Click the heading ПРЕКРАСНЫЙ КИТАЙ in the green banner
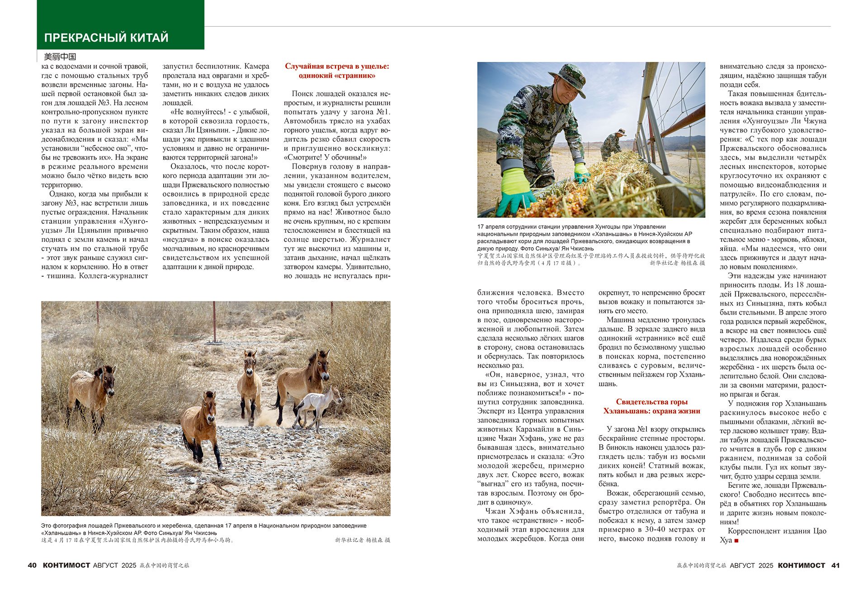pos(106,38)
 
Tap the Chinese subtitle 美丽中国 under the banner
pos(60,57)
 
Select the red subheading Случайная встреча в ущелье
pos(337,71)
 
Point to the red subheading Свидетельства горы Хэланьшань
pos(651,406)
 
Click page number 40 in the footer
pos(32,565)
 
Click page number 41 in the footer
pos(835,565)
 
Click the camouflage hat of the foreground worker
pos(568,76)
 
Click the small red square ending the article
pos(736,541)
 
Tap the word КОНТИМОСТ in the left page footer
pos(66,565)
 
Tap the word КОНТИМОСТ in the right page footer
pos(802,565)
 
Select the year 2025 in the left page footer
pos(129,565)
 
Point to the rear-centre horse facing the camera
pos(249,380)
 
